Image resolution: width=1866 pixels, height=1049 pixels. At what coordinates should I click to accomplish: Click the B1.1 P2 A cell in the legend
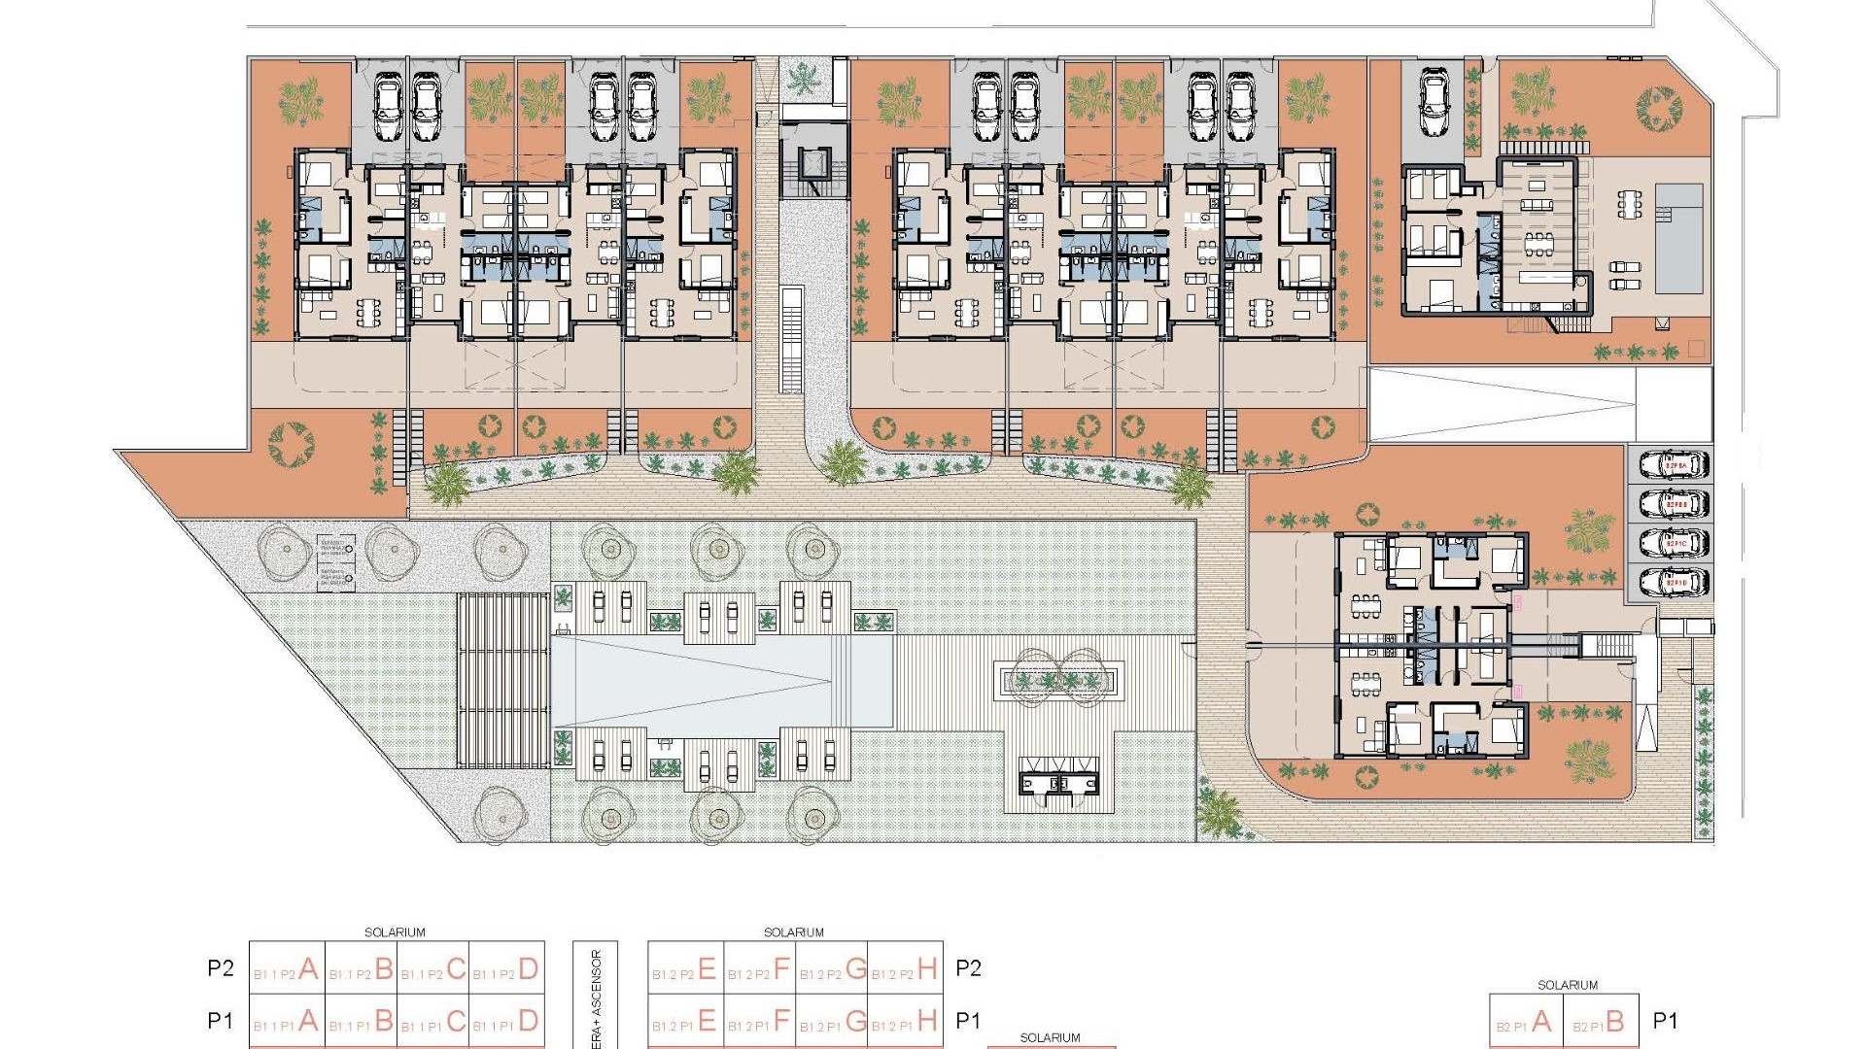(287, 968)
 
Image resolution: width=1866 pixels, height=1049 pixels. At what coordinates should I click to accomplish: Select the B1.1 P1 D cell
(506, 1021)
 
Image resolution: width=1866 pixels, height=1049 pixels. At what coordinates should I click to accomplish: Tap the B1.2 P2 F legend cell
(759, 968)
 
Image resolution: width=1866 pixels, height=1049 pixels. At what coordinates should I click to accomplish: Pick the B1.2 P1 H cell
(905, 1021)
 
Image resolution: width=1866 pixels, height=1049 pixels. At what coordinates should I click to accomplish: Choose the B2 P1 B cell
(1601, 1022)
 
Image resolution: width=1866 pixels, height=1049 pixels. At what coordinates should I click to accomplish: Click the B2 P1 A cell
(1526, 1022)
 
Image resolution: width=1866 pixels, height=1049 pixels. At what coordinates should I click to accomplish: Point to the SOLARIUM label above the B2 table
(1567, 985)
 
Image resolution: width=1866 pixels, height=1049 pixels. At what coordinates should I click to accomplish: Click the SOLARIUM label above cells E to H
(793, 932)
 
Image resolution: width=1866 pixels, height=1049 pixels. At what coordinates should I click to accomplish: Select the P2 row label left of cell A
(221, 968)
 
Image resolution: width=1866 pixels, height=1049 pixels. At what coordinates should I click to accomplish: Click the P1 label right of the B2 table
(1666, 1021)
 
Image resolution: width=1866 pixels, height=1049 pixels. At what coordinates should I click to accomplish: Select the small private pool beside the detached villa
(1678, 238)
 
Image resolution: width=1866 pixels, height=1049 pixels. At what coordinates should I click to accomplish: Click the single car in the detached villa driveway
(1434, 102)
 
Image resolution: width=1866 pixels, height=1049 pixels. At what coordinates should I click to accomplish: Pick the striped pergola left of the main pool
(503, 680)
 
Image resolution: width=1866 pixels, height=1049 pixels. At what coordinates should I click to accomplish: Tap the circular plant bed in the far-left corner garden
(291, 444)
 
